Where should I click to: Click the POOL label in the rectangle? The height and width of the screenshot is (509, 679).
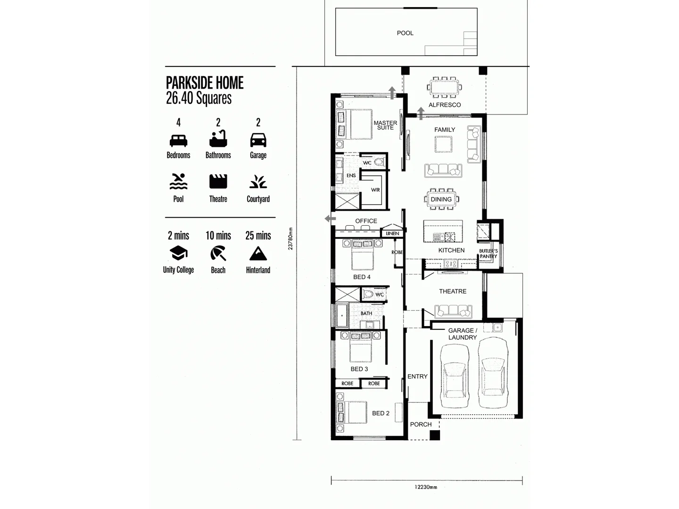tap(405, 33)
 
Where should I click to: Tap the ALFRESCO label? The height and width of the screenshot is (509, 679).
tap(445, 105)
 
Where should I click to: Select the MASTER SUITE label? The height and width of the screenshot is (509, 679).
tap(385, 125)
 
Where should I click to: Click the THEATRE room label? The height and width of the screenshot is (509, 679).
tap(453, 291)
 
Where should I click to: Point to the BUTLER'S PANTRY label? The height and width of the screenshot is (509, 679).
tap(489, 254)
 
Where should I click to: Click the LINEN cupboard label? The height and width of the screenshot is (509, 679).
tap(392, 233)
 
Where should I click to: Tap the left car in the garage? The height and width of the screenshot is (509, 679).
tap(455, 377)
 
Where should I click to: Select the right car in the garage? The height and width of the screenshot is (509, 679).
tap(493, 373)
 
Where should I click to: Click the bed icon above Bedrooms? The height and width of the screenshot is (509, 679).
tap(178, 140)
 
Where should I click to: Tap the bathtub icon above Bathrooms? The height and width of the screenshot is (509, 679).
tap(218, 140)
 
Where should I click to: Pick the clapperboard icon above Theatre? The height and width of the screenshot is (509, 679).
tap(218, 181)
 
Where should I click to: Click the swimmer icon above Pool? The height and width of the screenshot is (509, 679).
tap(178, 181)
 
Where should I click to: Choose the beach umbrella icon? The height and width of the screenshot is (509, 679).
tap(218, 254)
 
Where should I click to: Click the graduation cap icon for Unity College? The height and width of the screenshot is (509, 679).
tap(178, 254)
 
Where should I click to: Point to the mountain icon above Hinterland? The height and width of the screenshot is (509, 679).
tap(258, 254)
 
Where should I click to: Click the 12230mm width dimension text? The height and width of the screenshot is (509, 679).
tap(426, 487)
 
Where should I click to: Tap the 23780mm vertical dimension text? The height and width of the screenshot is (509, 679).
tap(290, 238)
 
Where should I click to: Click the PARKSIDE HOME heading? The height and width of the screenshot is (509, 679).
tap(205, 83)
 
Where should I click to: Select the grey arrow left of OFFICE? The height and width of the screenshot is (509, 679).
tap(330, 219)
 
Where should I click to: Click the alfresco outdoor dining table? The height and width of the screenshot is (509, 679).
tap(444, 87)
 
